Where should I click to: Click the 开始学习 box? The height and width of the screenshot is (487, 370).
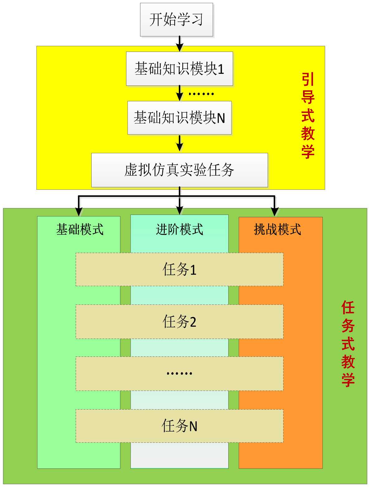coord(176,20)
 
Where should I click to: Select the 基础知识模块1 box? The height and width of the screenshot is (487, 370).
coord(179,69)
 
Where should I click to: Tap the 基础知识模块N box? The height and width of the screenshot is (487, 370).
coord(179,118)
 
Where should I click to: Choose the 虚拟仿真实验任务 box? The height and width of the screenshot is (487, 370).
coord(179,170)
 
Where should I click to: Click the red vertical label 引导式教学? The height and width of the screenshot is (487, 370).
coord(308,116)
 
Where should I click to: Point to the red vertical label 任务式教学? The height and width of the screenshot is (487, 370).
coord(348,343)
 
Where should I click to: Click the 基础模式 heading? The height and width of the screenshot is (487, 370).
coord(80,230)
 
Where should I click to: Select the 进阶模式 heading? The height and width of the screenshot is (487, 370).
coord(179,230)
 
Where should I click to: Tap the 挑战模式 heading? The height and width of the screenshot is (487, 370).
coord(277,230)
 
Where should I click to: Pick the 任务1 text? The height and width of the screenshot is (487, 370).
coord(179,269)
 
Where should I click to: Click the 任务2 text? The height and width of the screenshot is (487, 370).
coord(179,322)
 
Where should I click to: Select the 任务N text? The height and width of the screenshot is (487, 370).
coord(179,426)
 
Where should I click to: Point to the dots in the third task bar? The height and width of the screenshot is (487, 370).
coord(179,373)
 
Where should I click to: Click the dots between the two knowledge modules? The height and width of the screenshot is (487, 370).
coord(201,94)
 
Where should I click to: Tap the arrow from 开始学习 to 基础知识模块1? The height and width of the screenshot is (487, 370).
coord(179,44)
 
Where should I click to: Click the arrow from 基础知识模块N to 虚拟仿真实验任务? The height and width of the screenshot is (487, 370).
coord(179,143)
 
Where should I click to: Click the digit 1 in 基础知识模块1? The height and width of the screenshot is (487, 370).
coord(221,69)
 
